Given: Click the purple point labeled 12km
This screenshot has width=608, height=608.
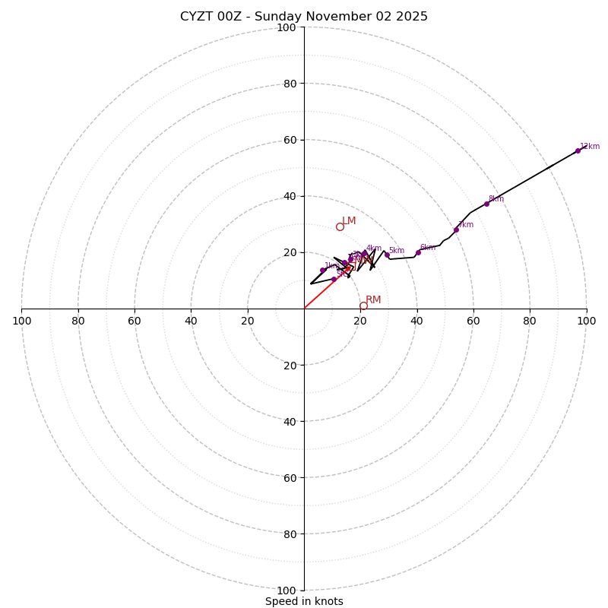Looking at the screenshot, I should [x=578, y=150].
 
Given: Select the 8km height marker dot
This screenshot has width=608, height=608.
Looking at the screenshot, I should [x=486, y=204].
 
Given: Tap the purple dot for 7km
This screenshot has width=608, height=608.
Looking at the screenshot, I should [x=456, y=230].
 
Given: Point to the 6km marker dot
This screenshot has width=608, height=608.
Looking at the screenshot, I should [x=418, y=252].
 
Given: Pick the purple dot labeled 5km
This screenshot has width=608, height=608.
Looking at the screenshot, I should [x=387, y=255].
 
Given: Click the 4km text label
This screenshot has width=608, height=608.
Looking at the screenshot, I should [x=374, y=248].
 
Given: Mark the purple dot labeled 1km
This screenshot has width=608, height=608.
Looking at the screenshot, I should [x=323, y=270].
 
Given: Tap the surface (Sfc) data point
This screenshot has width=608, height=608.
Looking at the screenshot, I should [x=334, y=279].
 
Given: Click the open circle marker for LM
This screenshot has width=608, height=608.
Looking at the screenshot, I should [x=340, y=226].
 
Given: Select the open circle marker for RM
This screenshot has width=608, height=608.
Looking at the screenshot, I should [x=363, y=306].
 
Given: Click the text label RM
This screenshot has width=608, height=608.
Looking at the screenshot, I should [x=373, y=300].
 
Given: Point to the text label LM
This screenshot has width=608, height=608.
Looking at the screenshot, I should [x=349, y=221].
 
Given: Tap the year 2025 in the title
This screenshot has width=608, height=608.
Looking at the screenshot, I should [x=412, y=17].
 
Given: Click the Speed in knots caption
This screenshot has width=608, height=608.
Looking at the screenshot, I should [x=304, y=601].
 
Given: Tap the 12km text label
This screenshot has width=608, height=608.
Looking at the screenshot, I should [x=590, y=146].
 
